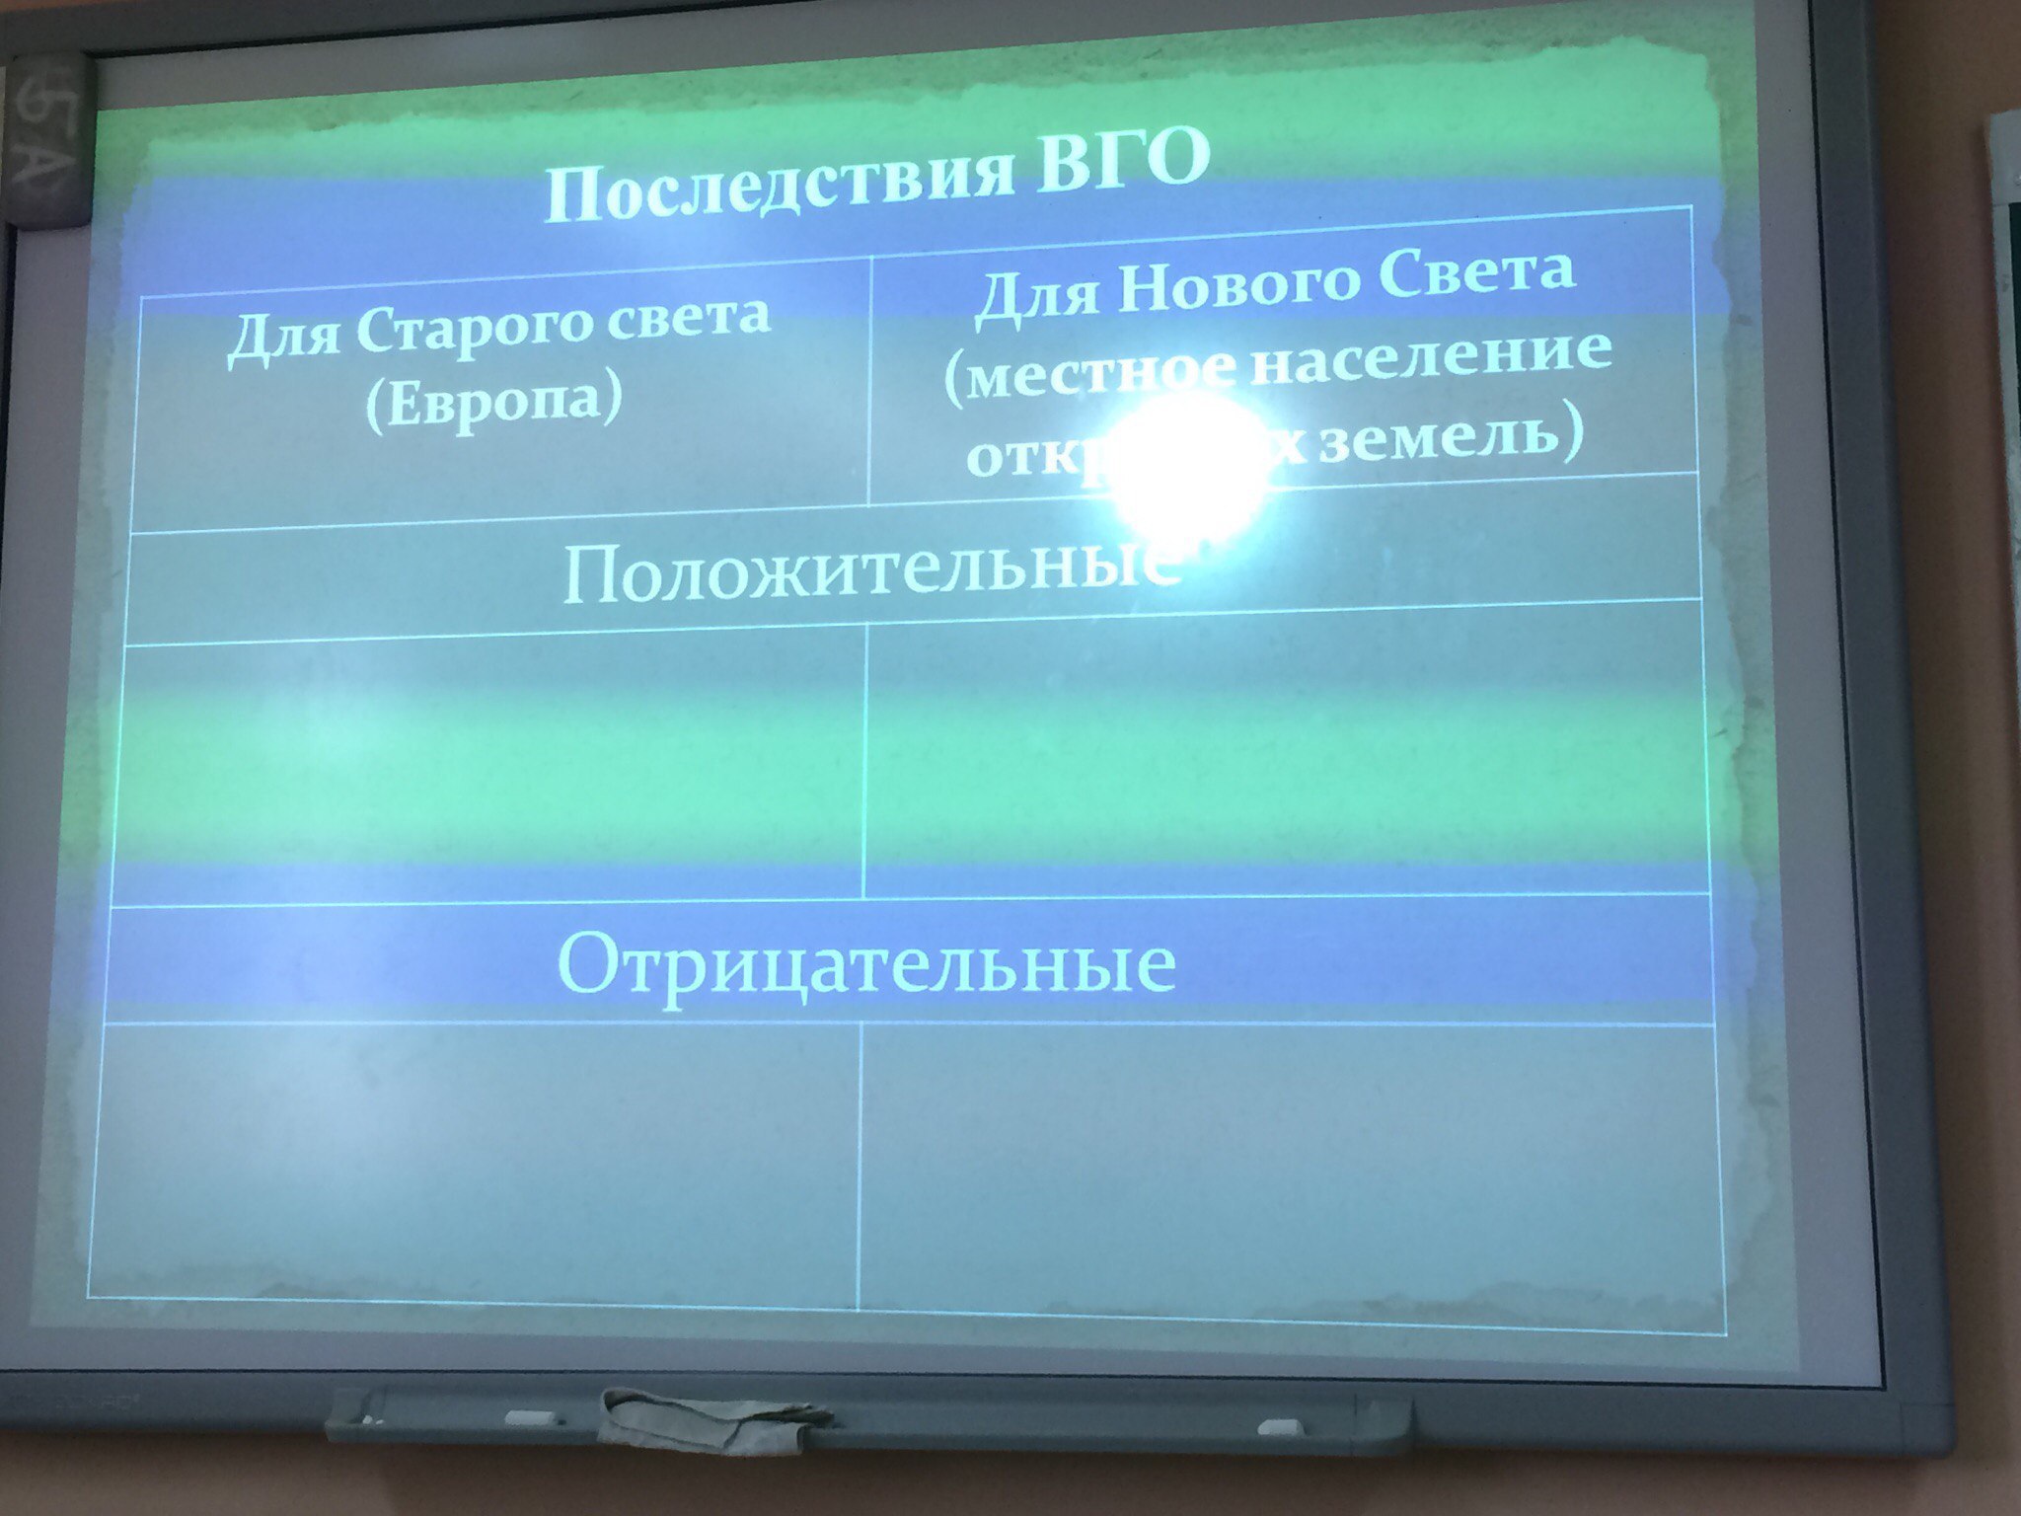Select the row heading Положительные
[x=868, y=572]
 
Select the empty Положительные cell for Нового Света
[x=1283, y=750]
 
